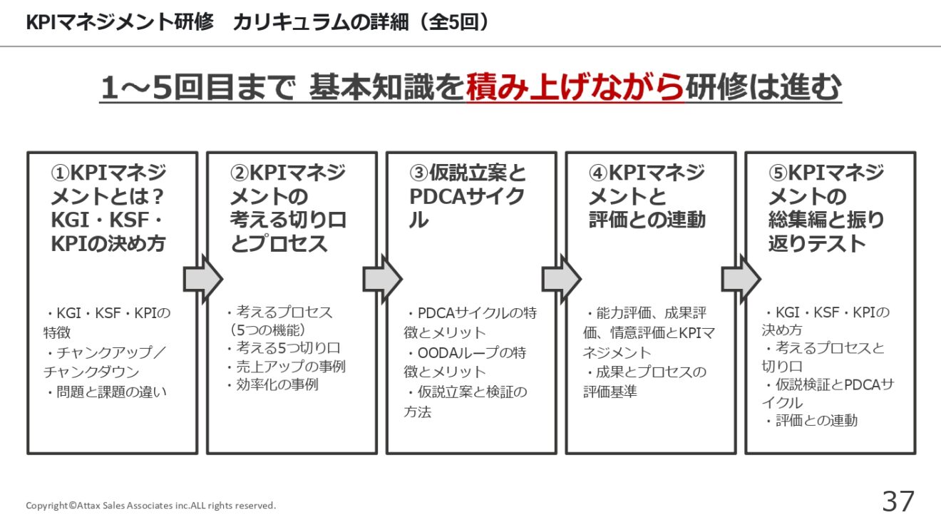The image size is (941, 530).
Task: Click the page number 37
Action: pos(898,501)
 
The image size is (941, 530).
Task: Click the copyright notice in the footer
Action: pos(151,505)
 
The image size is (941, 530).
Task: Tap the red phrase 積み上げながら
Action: pos(575,87)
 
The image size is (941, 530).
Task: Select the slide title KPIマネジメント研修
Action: pos(120,22)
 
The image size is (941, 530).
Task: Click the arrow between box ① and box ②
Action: pos(203,279)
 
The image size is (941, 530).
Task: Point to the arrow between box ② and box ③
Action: pos(382,279)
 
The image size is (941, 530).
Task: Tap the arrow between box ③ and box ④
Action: pos(561,279)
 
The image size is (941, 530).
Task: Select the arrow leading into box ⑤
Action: pos(741,279)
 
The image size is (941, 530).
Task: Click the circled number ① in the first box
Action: pos(60,173)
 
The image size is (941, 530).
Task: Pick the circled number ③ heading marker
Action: pos(419,173)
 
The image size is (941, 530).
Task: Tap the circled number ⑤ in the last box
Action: pos(778,173)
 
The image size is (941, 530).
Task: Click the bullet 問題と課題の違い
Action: pos(106,392)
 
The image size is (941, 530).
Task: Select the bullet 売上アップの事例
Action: pos(286,367)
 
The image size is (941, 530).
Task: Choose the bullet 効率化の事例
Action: pos(272,384)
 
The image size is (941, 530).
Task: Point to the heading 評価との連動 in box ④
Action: pos(647,220)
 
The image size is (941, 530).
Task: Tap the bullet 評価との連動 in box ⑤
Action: pos(811,420)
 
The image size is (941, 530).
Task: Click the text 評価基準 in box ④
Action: pos(610,392)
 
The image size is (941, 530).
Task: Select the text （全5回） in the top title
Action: pos(454,22)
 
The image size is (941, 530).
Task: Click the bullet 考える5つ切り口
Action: pos(284,348)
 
